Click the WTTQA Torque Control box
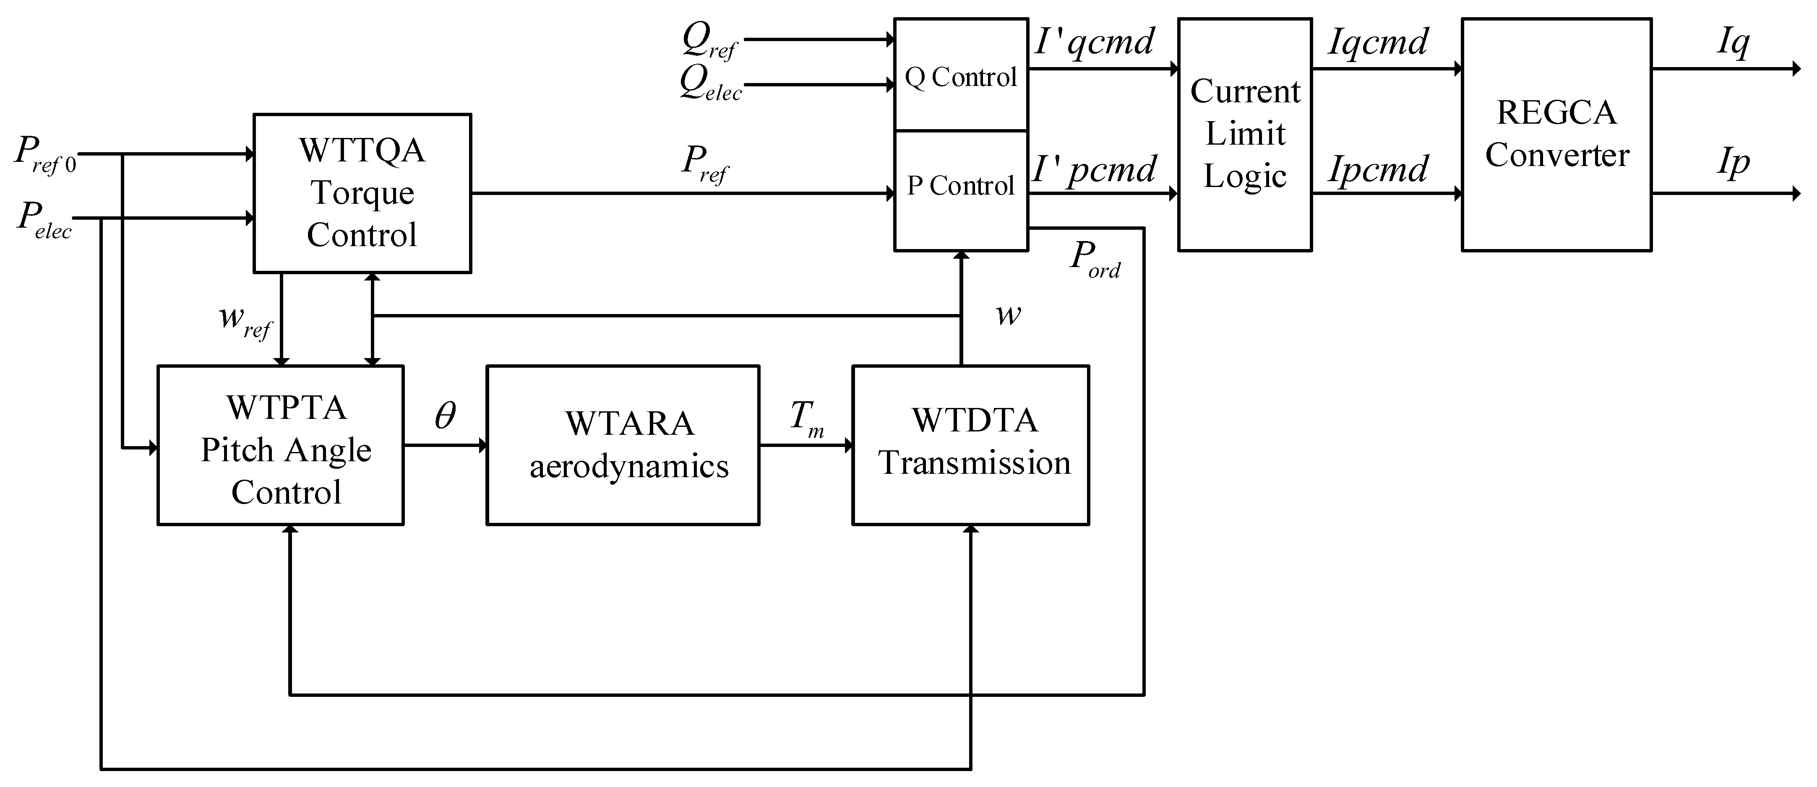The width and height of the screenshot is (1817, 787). point(362,192)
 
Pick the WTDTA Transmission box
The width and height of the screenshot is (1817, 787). point(970,445)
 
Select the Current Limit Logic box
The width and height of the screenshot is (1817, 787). point(1245,134)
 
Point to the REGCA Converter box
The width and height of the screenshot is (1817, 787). point(1556,134)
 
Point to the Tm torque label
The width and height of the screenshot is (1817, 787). point(806,418)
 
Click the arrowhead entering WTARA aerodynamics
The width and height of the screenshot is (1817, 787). point(482,445)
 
